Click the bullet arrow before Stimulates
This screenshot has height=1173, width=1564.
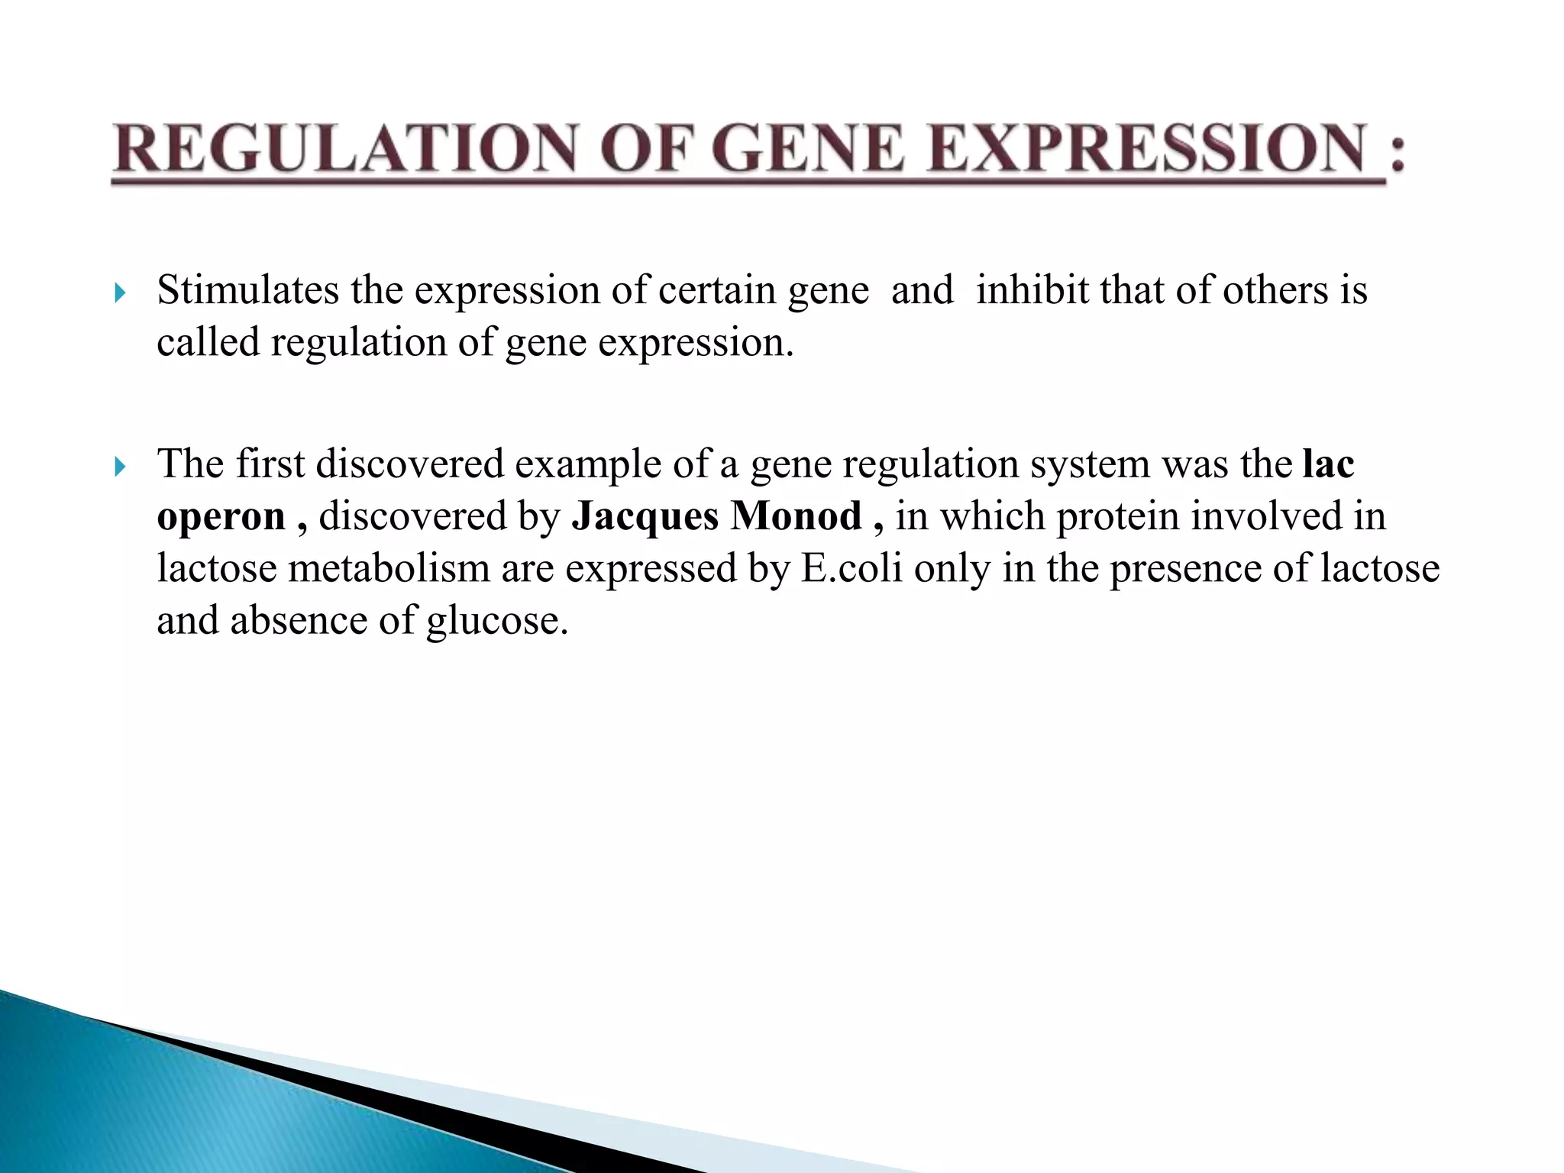point(119,292)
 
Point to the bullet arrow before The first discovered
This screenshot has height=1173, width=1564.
point(119,466)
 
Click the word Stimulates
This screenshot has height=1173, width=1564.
point(247,291)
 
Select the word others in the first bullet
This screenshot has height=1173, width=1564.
point(1275,291)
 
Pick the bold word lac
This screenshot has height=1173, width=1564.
point(1329,464)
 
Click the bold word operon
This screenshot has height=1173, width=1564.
point(221,517)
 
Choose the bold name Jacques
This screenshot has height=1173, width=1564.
point(645,517)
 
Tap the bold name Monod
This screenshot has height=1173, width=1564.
point(796,517)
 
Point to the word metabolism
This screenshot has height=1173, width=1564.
point(389,569)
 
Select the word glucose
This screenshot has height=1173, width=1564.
point(496,621)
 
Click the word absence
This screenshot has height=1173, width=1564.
point(299,621)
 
